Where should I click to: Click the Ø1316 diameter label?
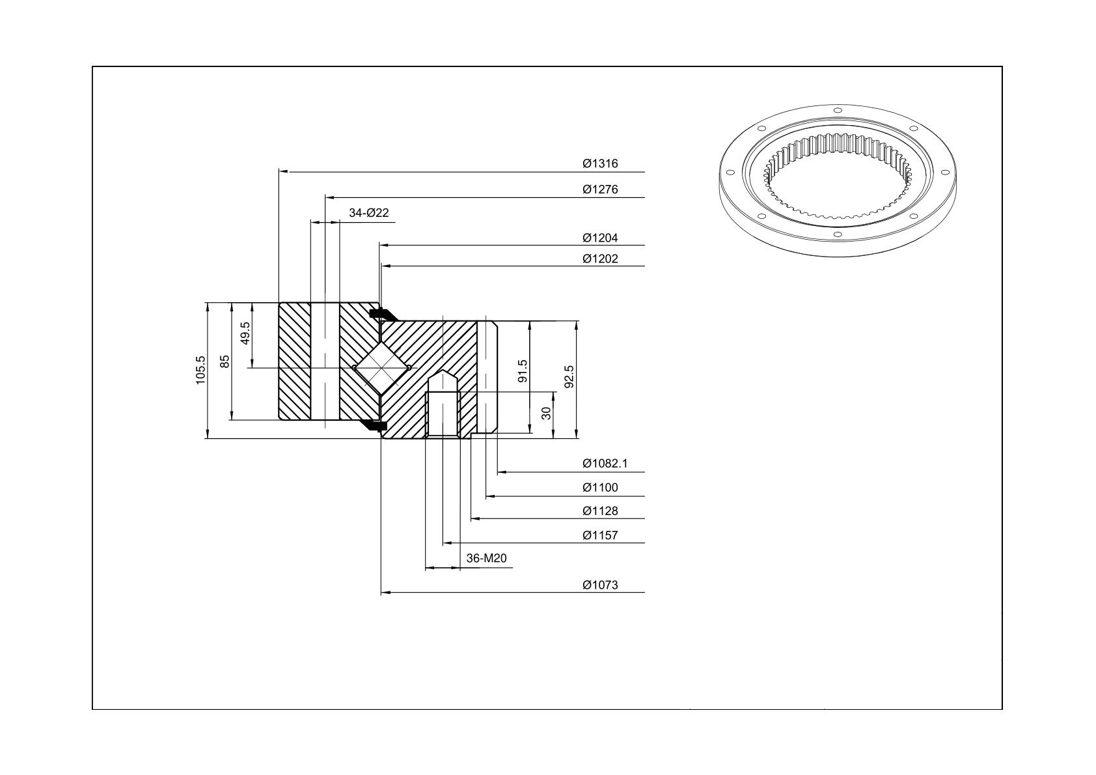click(x=600, y=163)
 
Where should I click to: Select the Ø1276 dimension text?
click(x=600, y=190)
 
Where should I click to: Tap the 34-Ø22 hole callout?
click(x=368, y=213)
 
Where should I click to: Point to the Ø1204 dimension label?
click(x=600, y=238)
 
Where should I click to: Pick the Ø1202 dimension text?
click(x=600, y=259)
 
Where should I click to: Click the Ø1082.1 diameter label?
click(x=605, y=464)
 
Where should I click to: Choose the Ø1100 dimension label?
click(x=600, y=488)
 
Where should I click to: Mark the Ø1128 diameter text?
click(x=600, y=511)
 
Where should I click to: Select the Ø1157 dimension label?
click(x=600, y=535)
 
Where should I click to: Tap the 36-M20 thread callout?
click(x=486, y=558)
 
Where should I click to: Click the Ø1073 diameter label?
click(x=600, y=585)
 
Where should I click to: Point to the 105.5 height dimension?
click(x=200, y=370)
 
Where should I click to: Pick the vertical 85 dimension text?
click(x=225, y=362)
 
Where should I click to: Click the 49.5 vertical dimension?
click(x=245, y=333)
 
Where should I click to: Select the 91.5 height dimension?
click(x=523, y=371)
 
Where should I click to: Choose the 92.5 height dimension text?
click(x=569, y=377)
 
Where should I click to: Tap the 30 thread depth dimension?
click(x=546, y=413)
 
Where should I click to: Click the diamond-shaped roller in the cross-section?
click(x=381, y=367)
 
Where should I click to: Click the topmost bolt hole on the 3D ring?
click(x=837, y=110)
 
